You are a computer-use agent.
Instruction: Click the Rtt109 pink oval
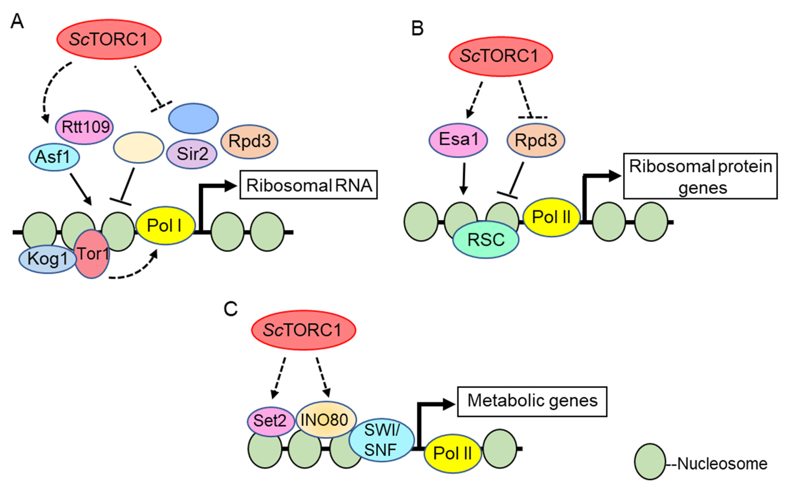85,127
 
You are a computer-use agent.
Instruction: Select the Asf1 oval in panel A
54,157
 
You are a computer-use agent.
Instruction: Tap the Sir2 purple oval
192,154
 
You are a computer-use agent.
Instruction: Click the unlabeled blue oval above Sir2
194,118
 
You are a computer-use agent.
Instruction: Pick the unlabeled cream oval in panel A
139,148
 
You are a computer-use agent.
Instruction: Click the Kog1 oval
47,259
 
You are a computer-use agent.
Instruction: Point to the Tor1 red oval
92,254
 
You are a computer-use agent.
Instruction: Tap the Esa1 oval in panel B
458,140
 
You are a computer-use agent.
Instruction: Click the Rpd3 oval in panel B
536,140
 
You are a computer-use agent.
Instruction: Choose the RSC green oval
486,240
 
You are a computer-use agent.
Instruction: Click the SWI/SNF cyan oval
381,440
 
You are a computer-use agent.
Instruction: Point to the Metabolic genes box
532,401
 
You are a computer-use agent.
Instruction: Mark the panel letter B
417,28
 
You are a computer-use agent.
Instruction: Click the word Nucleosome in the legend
722,464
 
